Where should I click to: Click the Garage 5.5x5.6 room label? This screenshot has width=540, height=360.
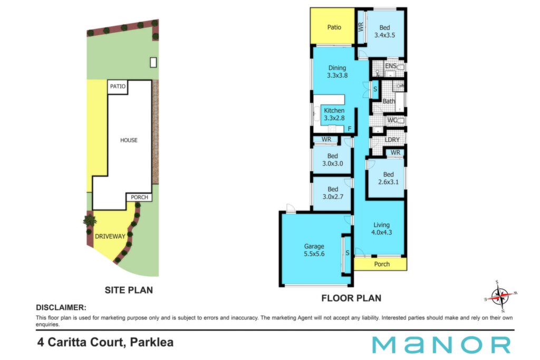[314, 250]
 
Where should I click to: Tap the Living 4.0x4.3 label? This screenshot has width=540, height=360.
[382, 229]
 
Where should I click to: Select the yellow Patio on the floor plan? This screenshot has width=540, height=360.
[332, 26]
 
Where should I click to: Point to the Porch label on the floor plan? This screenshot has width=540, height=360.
[382, 264]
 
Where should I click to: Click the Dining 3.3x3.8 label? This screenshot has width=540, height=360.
[337, 72]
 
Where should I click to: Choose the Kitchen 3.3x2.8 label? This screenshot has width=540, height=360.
[334, 114]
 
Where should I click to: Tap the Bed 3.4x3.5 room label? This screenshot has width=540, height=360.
[384, 31]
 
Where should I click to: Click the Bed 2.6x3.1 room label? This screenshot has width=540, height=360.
[389, 178]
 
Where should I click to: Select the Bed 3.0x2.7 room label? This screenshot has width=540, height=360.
[333, 193]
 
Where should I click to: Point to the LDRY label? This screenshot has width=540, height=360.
[392, 140]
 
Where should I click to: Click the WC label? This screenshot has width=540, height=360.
[392, 120]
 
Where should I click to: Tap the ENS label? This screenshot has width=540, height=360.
[391, 66]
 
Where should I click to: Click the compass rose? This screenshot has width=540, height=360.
[501, 296]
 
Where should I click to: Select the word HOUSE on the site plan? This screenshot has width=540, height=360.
[129, 140]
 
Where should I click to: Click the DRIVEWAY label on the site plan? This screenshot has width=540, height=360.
[110, 237]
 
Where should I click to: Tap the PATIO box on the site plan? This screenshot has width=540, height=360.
[118, 87]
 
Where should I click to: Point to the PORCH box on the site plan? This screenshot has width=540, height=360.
[139, 197]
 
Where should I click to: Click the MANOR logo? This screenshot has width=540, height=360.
[441, 345]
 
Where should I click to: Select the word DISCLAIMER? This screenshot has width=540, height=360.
[61, 307]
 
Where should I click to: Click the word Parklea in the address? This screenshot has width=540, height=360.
[151, 343]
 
